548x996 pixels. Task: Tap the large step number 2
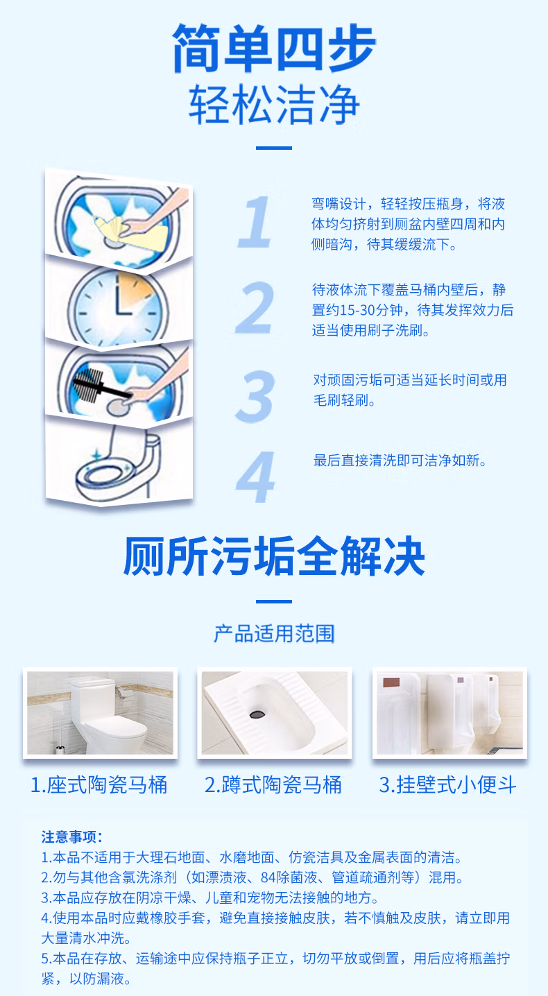point(255,307)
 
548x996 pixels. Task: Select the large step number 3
point(255,396)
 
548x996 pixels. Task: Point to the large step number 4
point(256,477)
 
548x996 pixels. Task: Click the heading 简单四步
point(274,48)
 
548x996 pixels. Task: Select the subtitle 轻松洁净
point(274,105)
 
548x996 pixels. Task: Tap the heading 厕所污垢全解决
point(274,556)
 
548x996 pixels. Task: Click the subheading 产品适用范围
point(274,634)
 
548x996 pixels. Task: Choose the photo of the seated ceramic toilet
point(100,713)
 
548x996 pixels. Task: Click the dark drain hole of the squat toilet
point(257,714)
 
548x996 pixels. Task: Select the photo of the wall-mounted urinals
point(449,713)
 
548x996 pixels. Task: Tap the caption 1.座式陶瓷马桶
point(99,784)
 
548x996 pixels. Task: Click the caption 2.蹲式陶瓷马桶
point(273,784)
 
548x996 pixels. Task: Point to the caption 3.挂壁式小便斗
point(448,784)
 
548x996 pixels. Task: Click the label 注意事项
point(71,836)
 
